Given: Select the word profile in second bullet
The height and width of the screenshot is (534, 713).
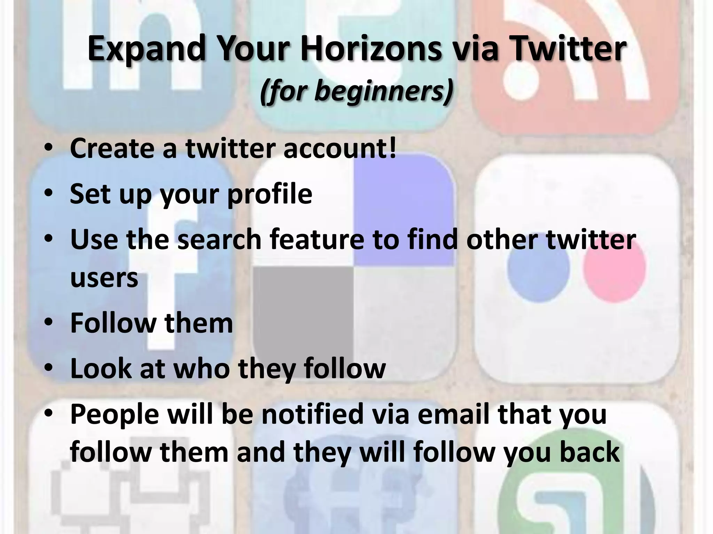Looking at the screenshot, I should tap(269, 194).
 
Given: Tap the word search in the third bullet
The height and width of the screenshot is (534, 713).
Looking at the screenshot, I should tap(219, 240).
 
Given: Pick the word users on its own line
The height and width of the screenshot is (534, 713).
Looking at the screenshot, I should tap(104, 278).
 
